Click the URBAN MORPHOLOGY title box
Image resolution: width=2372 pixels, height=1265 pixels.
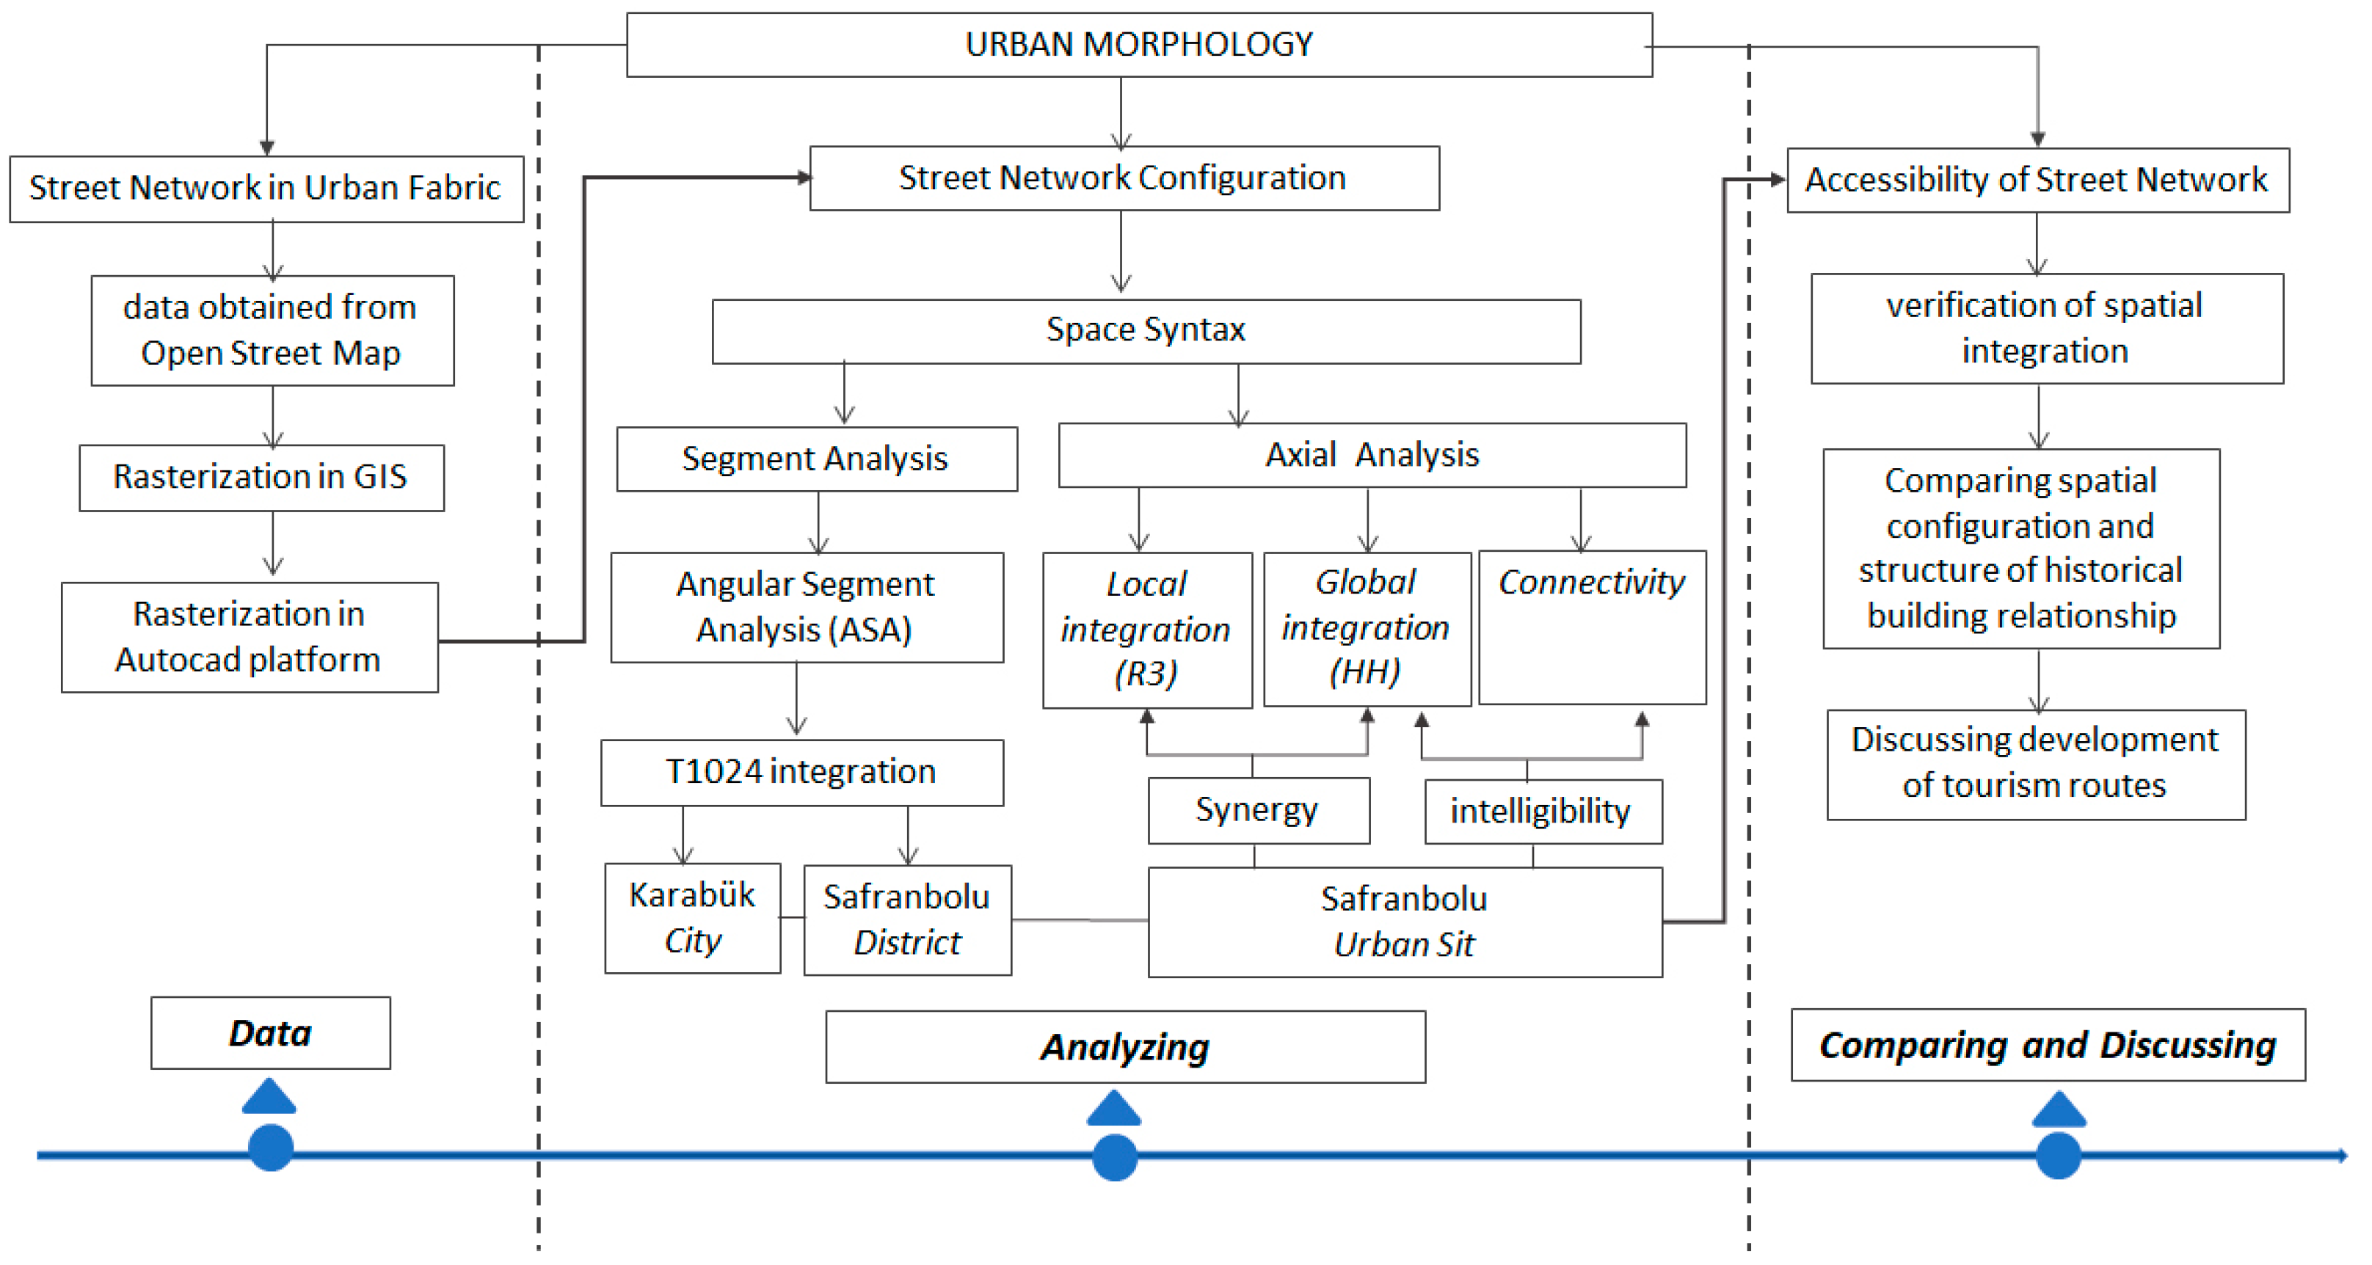tap(1139, 44)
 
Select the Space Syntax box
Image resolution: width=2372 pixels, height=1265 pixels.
tap(1146, 330)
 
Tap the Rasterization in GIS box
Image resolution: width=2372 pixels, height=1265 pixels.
tap(261, 477)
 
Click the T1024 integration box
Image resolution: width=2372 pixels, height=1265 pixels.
tap(801, 771)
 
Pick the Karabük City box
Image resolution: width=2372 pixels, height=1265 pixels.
tap(693, 917)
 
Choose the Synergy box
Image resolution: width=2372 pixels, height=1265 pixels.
tap(1258, 810)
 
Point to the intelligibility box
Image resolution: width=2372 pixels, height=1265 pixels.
tap(1543, 811)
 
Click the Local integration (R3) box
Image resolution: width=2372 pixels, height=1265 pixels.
tap(1146, 630)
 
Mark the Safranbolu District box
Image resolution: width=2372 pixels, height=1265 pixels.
tap(907, 919)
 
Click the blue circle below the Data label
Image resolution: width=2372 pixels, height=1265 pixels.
tap(271, 1147)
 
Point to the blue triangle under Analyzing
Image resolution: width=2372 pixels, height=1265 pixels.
tap(1114, 1110)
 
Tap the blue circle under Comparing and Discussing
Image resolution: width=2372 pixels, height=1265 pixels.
tap(2058, 1156)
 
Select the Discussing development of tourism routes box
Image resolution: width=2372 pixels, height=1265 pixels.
tap(2035, 763)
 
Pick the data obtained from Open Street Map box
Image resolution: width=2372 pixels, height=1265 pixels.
tap(272, 330)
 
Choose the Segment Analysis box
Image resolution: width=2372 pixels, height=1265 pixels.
tap(816, 459)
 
